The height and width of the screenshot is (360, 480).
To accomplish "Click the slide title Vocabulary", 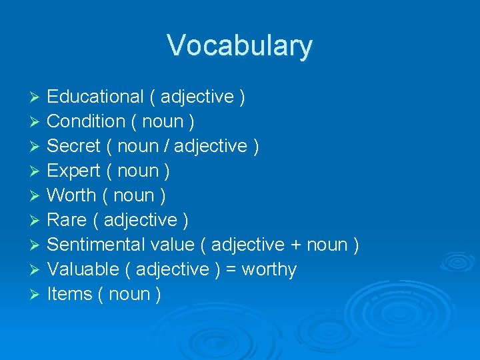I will [x=239, y=46].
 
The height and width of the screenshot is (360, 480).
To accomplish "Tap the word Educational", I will [x=95, y=97].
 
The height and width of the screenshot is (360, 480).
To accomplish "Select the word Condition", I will [x=86, y=122].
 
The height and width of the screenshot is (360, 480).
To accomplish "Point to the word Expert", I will [x=73, y=171].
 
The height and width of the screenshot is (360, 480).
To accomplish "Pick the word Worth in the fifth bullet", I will [x=71, y=196].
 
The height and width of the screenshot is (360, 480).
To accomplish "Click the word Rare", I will [x=66, y=220].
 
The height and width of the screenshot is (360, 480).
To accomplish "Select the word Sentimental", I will [x=96, y=245].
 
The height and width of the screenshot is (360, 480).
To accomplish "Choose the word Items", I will [x=69, y=294].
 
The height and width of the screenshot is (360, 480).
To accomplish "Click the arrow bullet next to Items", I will [x=36, y=295].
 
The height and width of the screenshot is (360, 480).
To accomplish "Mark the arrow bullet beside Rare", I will [x=36, y=221].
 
